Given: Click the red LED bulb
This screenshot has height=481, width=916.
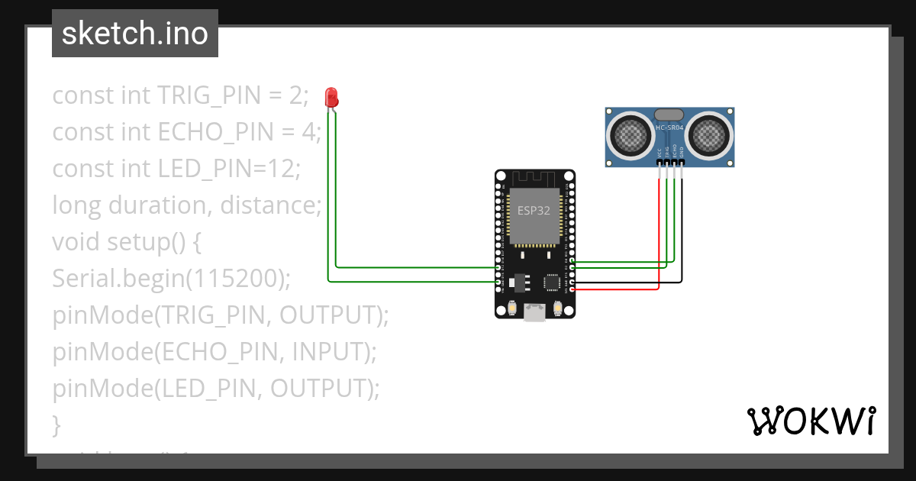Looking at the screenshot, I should (331, 97).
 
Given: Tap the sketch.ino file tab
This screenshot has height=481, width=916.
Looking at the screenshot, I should (135, 34).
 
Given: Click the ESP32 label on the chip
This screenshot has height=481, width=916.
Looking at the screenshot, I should (534, 211).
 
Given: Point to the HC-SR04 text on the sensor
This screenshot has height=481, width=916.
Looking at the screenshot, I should (670, 128).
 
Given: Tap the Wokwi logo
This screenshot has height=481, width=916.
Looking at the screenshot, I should (811, 421).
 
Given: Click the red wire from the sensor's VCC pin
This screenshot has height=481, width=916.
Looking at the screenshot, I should (659, 229).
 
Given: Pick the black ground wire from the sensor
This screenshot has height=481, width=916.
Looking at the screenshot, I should (682, 229).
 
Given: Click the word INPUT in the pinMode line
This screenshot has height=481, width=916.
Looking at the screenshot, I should (326, 352).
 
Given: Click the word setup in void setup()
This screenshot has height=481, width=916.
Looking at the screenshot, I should (135, 242).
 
